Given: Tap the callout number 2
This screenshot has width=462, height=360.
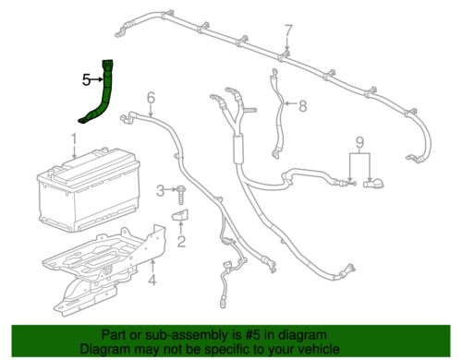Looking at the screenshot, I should point(181,243).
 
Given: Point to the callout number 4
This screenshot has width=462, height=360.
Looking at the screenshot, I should point(154,274).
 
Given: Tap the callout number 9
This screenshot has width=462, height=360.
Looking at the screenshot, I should point(361,142).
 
